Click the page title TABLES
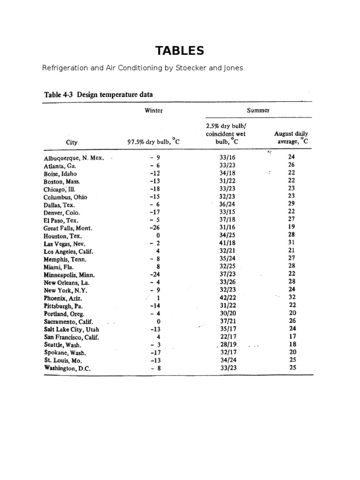click(x=180, y=50)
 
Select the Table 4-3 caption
click(x=98, y=94)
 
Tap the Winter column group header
click(x=154, y=111)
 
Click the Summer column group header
click(x=258, y=111)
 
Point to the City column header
click(x=72, y=142)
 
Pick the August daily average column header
click(x=291, y=138)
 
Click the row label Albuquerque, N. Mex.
click(x=74, y=158)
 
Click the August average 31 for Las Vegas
click(x=291, y=243)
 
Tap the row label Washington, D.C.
click(x=67, y=368)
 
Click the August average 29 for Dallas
click(x=291, y=204)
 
